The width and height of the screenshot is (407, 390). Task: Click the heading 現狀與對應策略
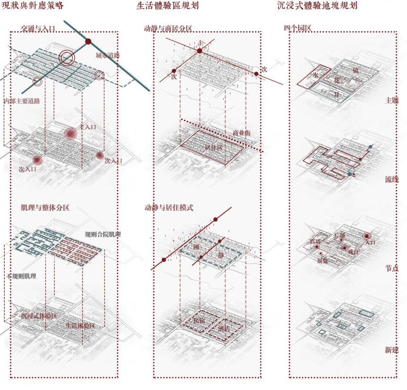[x=33, y=6]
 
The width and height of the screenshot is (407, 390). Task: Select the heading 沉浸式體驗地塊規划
[x=317, y=6]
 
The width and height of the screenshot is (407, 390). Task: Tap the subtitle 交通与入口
[x=38, y=29]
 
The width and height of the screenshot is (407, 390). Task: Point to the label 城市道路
[x=107, y=56]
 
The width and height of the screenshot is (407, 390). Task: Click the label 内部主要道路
[x=21, y=101]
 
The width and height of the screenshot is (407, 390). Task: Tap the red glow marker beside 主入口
[x=71, y=134]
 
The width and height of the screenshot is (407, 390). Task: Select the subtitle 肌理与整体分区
[x=45, y=207]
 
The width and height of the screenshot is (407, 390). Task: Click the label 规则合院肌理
[x=103, y=234]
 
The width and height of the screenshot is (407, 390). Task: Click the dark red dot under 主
[x=200, y=50]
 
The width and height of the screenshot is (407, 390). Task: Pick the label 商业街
[x=242, y=133]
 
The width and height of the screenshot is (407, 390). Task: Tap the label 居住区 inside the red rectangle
[x=213, y=147]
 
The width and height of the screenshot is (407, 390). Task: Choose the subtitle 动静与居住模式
[x=169, y=207]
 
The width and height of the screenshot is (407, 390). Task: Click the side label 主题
[x=392, y=101]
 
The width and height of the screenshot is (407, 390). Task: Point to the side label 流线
[x=392, y=179]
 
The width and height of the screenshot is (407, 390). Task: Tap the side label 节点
[x=392, y=268]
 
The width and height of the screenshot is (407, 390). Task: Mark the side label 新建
[x=392, y=350]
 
